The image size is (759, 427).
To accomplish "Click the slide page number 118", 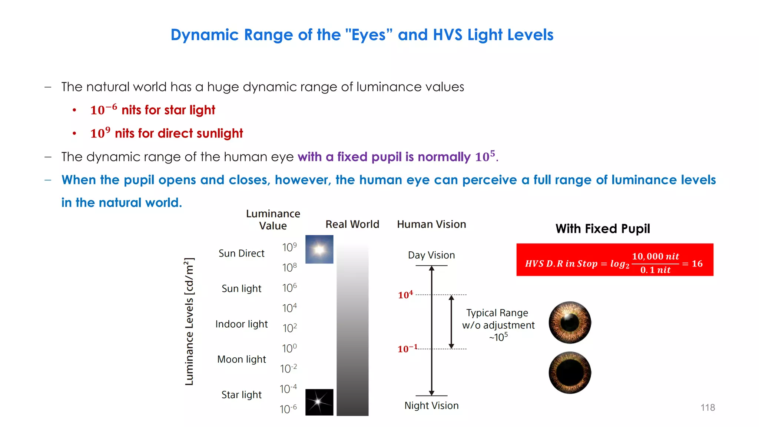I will [707, 407].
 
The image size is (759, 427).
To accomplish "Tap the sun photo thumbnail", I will [319, 249].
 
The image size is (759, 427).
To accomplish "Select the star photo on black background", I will [319, 402].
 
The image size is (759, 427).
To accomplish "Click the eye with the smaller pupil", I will [570, 322].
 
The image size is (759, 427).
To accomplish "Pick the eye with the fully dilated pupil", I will [570, 373].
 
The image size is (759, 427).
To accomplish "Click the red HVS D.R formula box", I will [614, 260].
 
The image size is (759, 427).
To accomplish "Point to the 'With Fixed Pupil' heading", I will [603, 229].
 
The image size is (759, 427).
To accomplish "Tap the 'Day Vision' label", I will [431, 255].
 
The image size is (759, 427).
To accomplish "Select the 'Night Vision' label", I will [431, 406].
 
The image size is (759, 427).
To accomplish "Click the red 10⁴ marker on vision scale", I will [405, 295].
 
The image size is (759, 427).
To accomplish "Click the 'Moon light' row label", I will [242, 359].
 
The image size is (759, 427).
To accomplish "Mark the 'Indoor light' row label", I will [242, 324].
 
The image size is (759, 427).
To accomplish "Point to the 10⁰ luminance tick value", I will [289, 348].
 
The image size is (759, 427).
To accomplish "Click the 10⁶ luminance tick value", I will [289, 288].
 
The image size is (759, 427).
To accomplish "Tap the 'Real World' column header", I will [352, 224].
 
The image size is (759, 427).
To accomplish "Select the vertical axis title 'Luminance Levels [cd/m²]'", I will [189, 321].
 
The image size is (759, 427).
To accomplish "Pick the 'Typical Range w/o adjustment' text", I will [498, 319].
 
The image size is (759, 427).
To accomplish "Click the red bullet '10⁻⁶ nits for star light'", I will [152, 110].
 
